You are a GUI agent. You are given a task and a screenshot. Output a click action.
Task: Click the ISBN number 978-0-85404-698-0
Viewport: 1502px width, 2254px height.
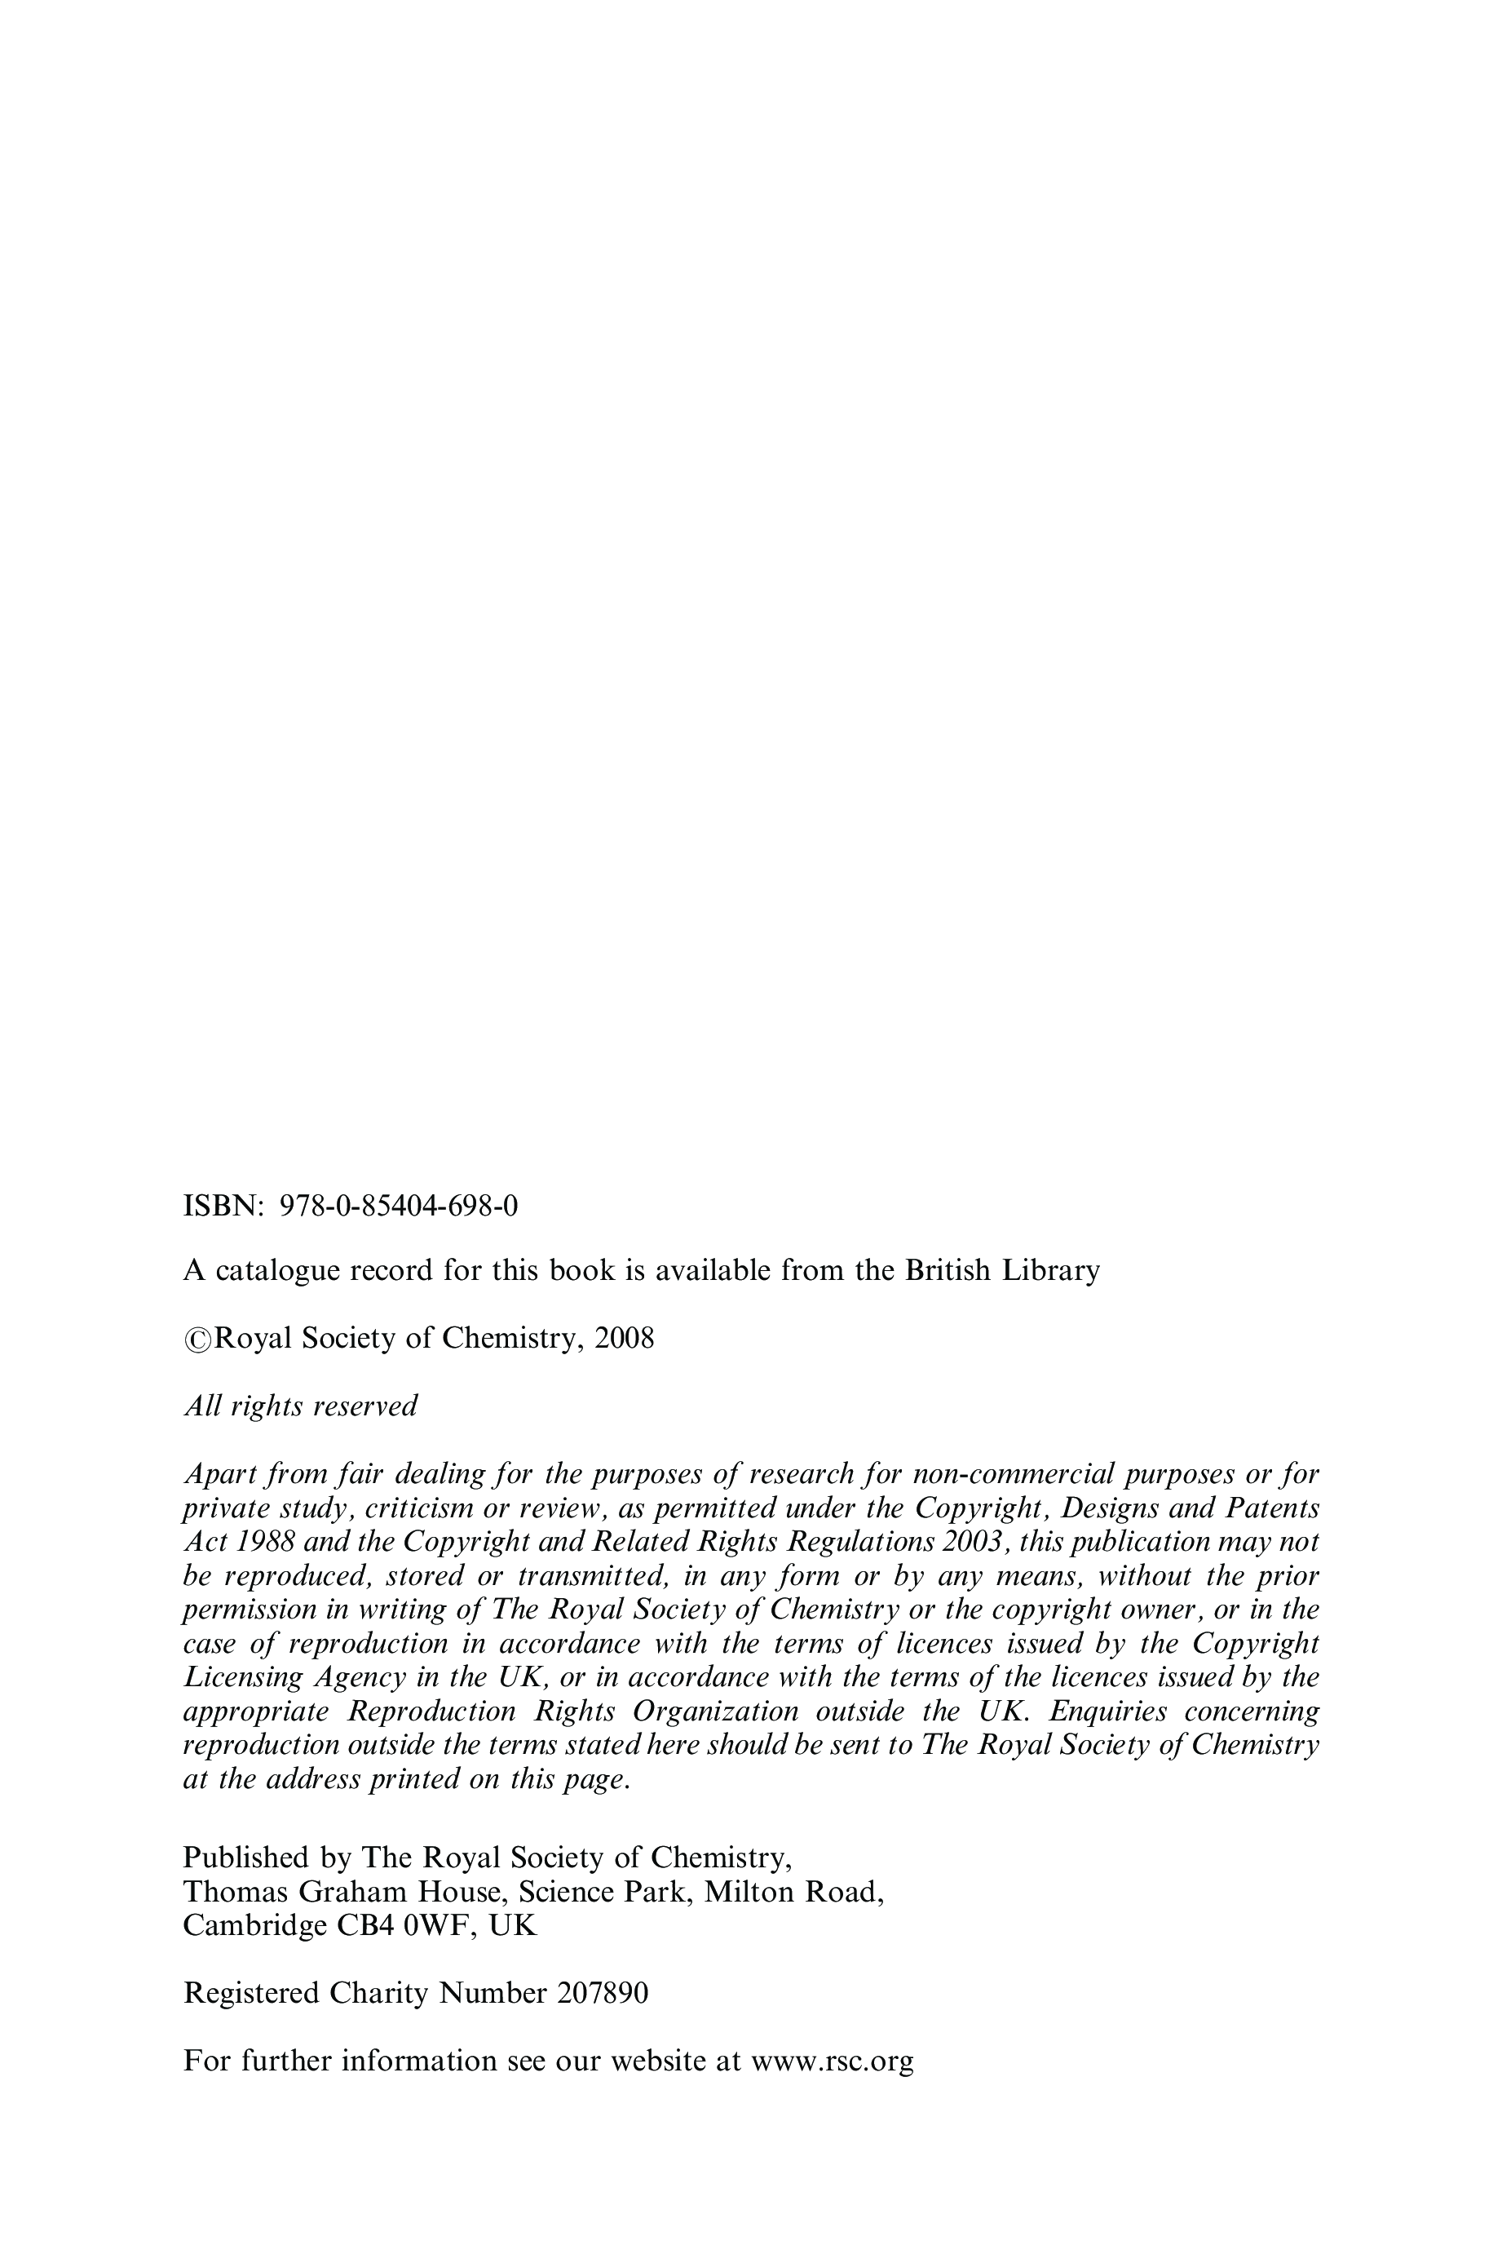pyautogui.click(x=399, y=1206)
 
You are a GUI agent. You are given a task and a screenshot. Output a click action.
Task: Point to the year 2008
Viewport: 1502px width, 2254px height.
pyautogui.click(x=625, y=1338)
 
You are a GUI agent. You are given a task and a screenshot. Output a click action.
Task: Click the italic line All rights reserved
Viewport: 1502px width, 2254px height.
pyautogui.click(x=300, y=1406)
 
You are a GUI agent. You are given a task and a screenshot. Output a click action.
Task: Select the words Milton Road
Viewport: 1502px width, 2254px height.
pyautogui.click(x=791, y=1892)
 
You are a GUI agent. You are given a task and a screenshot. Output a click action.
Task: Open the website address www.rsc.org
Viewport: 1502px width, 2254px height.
pyautogui.click(x=833, y=2061)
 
